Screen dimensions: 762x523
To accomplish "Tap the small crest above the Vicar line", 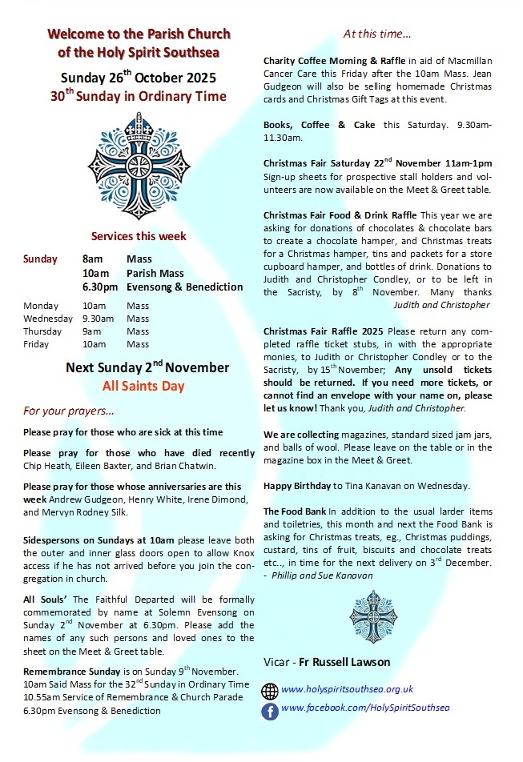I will point(373,616).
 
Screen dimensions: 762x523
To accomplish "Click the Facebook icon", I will point(271,710).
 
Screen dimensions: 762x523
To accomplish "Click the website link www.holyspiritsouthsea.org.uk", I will point(347,689).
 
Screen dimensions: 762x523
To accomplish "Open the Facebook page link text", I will point(365,708).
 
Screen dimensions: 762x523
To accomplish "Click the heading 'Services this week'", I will point(139,236).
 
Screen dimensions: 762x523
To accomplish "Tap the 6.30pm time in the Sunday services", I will point(99,287).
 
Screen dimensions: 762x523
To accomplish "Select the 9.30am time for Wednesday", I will point(99,319).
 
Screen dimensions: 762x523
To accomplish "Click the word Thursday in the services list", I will point(42,331).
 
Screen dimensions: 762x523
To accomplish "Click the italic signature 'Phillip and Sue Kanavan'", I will point(323,576).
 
